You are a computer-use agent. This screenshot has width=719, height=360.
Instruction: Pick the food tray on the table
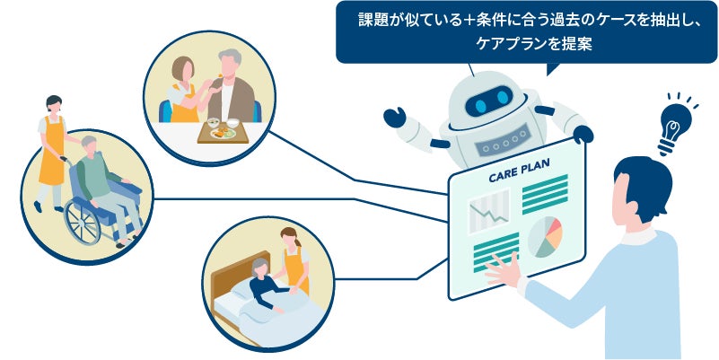220,133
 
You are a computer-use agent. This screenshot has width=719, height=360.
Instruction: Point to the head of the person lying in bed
261,267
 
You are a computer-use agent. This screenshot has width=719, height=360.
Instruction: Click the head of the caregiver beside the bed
291,239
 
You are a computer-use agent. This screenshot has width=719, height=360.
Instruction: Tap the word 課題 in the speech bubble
370,19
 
